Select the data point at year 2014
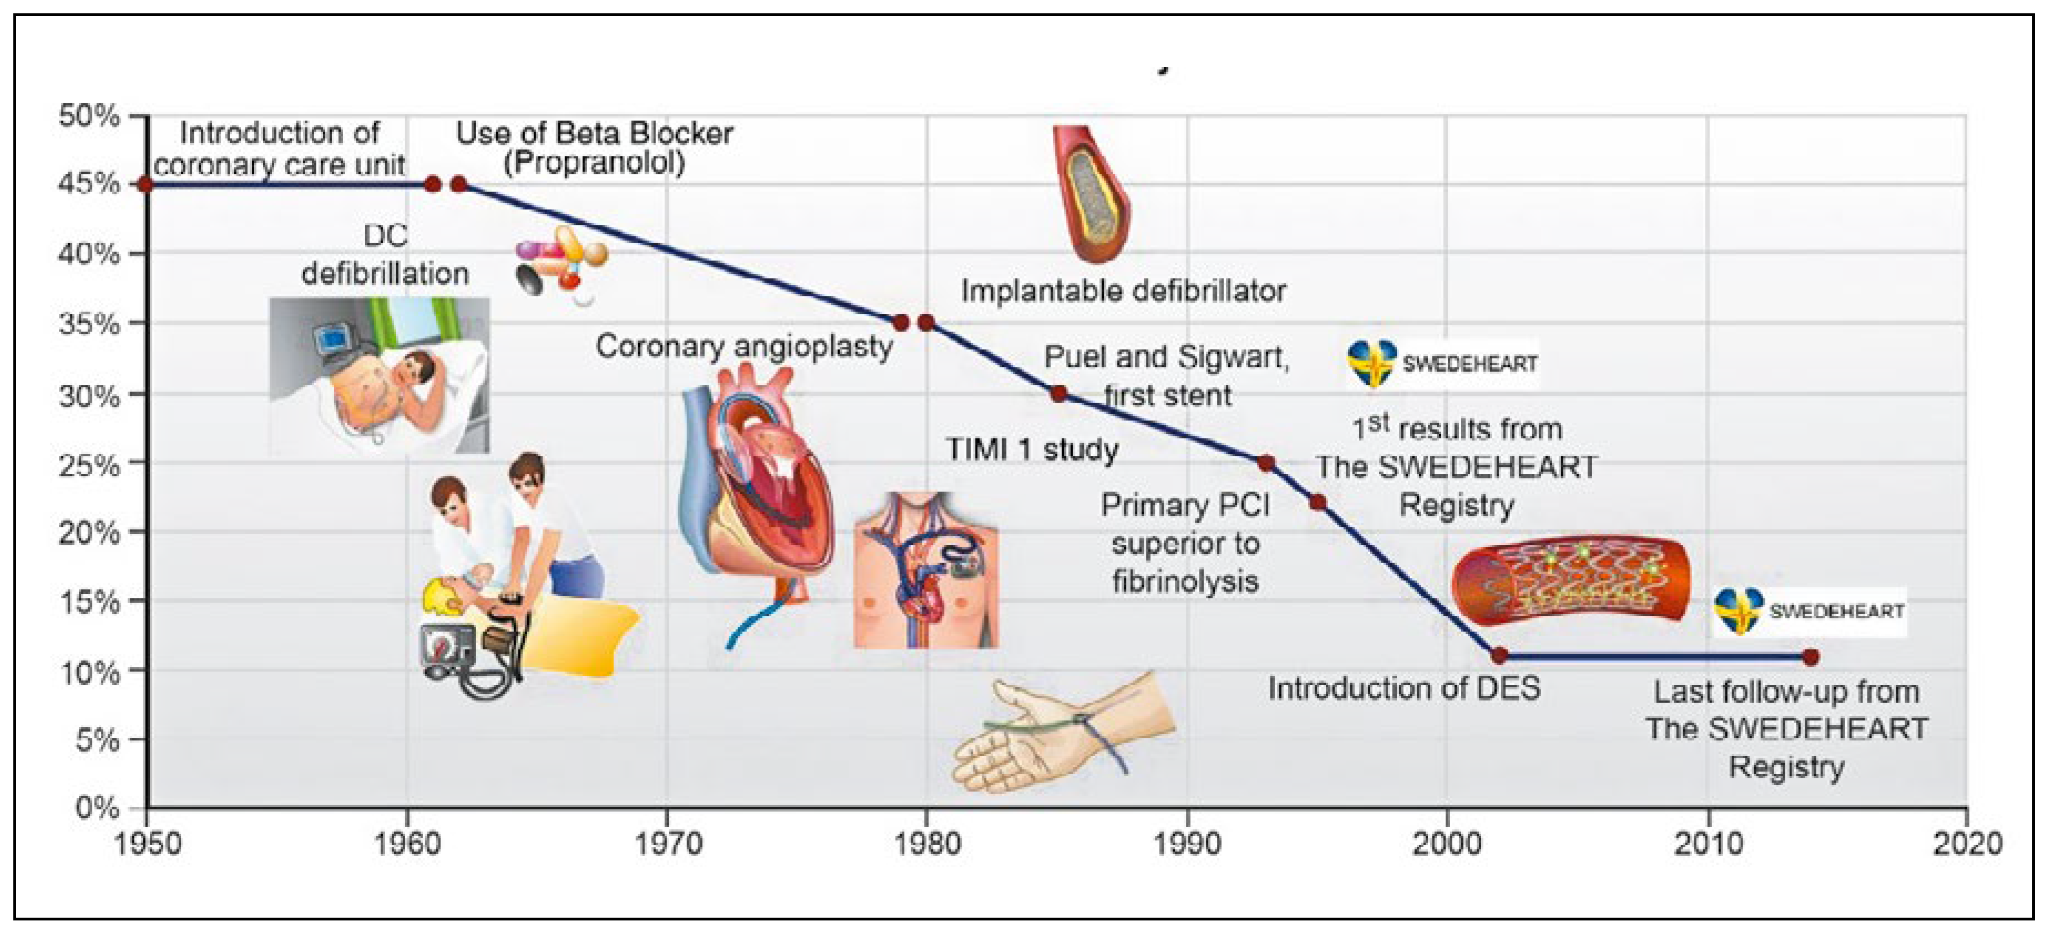1811,657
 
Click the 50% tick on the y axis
89,116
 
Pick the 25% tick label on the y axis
89,463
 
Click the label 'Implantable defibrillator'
1123,291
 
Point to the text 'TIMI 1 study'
1031,449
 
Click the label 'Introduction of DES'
1403,688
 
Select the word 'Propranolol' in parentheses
594,163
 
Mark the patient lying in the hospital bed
380,375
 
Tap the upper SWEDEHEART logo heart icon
1371,363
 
